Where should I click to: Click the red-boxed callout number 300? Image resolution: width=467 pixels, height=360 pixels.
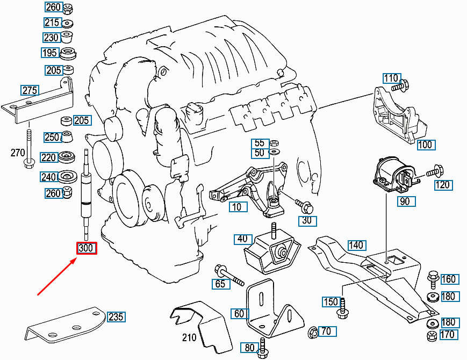(87, 248)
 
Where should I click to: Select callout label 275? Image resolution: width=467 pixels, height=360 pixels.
(30, 90)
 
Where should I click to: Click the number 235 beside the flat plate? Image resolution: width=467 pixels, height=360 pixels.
(116, 316)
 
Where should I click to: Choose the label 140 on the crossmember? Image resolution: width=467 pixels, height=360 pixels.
(356, 246)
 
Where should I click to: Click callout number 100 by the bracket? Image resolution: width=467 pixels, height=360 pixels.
(425, 145)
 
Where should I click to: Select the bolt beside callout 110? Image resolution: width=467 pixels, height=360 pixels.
(400, 85)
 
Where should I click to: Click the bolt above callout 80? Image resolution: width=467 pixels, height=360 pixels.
(262, 345)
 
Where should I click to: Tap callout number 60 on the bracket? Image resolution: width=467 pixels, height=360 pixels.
(239, 313)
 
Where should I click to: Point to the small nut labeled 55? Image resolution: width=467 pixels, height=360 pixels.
(273, 143)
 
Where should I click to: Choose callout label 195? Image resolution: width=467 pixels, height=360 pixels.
(49, 53)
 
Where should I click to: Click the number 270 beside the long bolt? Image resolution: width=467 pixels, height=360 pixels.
(18, 153)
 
